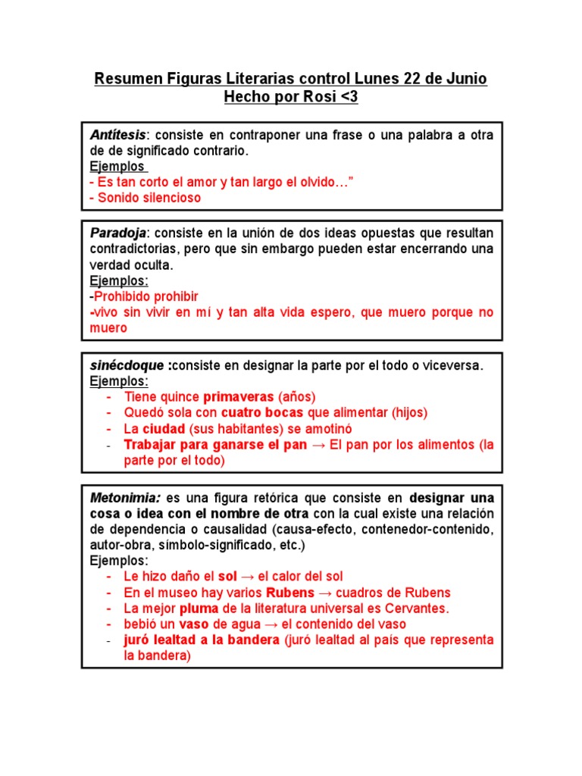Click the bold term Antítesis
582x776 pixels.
(x=117, y=135)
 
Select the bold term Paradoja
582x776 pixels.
(x=117, y=233)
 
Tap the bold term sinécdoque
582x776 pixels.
(x=127, y=365)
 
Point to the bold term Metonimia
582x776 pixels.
(x=125, y=498)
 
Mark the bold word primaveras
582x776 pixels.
(x=239, y=396)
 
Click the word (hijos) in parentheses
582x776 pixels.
(x=409, y=412)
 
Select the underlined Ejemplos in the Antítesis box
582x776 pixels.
(x=117, y=167)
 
